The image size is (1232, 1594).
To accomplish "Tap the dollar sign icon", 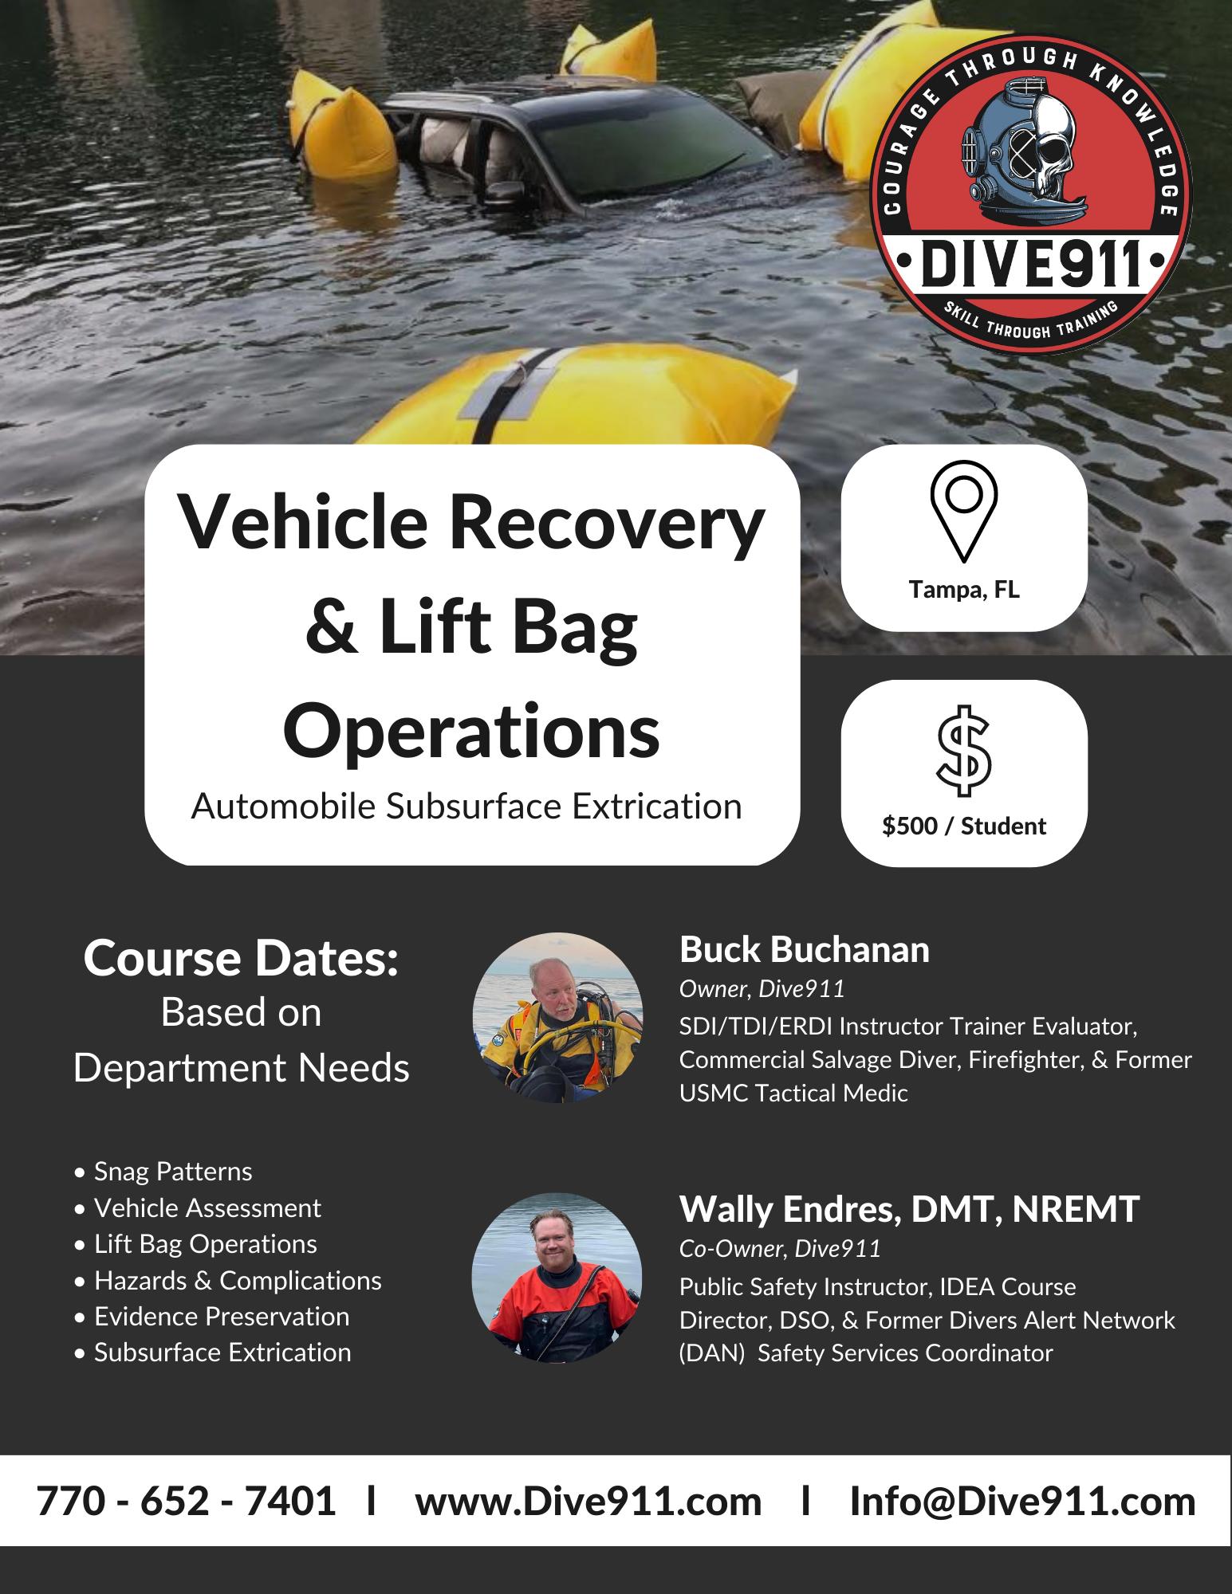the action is click(x=964, y=751).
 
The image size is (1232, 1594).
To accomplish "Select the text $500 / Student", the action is click(x=964, y=826).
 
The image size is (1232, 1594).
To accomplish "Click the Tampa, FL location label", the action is click(x=964, y=590).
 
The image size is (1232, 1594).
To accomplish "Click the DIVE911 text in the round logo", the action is click(x=1031, y=264).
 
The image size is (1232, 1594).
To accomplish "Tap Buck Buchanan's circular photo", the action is click(x=557, y=1018).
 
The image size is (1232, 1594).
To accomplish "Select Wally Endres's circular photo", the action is click(x=557, y=1278).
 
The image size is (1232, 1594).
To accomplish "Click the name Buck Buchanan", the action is click(x=805, y=950).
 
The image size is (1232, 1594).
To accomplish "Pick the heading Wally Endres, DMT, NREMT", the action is click(x=909, y=1210).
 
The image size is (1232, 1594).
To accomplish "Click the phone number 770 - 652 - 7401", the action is click(x=186, y=1502).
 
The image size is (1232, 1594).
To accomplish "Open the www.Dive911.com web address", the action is click(x=588, y=1502).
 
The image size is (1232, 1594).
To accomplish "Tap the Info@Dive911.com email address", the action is click(x=1023, y=1502).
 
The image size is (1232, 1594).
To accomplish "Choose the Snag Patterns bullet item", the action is click(x=173, y=1172).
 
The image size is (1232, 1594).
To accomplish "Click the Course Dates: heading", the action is click(x=241, y=958).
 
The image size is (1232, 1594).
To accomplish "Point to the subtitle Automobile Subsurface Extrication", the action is click(x=466, y=807).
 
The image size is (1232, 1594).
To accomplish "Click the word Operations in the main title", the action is click(x=471, y=732).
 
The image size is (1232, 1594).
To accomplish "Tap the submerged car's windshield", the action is click(x=638, y=143).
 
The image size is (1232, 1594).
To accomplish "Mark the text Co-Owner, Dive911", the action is click(x=780, y=1249).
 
